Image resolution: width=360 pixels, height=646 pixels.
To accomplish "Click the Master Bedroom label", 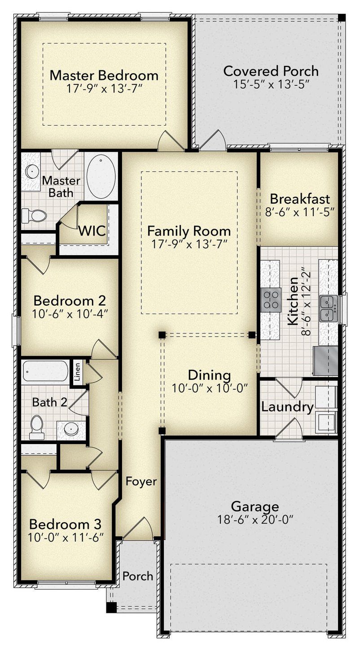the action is tap(104, 75).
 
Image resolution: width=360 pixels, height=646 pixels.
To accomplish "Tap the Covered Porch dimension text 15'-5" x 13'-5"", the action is tap(271, 84).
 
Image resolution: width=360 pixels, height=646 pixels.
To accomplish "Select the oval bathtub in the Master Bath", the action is tap(101, 176).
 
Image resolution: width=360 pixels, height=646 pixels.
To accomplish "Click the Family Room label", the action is tap(189, 231).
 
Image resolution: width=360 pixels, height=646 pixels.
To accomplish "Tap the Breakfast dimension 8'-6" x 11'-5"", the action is tap(299, 212).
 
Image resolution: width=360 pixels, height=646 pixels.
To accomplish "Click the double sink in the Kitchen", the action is tap(328, 308).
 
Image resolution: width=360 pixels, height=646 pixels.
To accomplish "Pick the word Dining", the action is tap(210, 375).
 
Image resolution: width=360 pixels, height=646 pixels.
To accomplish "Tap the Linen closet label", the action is tap(77, 372).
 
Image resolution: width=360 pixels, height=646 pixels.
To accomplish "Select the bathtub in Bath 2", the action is tap(46, 371).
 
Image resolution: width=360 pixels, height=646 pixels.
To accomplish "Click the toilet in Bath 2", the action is tap(37, 427).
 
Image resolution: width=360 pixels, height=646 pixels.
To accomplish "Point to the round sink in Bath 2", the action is tap(71, 429).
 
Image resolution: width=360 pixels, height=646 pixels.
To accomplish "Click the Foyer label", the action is tap(141, 481).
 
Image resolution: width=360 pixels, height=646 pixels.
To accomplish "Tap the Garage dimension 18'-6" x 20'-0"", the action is tap(255, 519).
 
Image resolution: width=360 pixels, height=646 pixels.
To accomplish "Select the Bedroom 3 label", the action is tap(65, 524).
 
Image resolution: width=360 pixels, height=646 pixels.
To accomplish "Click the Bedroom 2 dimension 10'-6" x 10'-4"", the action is tap(70, 314).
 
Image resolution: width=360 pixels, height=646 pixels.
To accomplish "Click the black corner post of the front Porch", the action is tap(111, 607).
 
